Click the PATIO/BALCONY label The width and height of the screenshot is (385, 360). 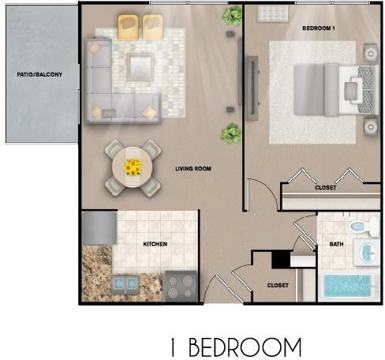(x=39, y=75)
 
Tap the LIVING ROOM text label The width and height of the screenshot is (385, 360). (x=193, y=169)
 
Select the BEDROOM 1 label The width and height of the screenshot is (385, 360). (x=319, y=28)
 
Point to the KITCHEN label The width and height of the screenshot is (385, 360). (x=155, y=244)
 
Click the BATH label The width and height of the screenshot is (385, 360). (x=336, y=244)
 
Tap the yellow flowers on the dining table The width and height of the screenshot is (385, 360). (x=133, y=167)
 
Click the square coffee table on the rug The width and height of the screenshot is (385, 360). (x=140, y=67)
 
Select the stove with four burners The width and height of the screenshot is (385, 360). (x=181, y=286)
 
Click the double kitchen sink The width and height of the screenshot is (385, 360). (x=126, y=284)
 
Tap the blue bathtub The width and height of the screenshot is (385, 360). (x=347, y=287)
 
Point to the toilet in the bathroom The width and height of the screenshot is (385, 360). (x=363, y=227)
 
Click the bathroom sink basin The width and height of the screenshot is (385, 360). (x=368, y=252)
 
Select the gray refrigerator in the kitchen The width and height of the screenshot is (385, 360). (x=99, y=228)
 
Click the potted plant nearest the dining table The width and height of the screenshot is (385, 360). (x=231, y=133)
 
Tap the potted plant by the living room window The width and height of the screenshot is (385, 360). (x=232, y=15)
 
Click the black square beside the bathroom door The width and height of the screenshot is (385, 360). (x=281, y=259)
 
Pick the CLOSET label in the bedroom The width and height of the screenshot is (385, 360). (x=326, y=188)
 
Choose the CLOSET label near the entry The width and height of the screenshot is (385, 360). (x=278, y=286)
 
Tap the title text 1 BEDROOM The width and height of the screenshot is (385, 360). (x=236, y=347)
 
